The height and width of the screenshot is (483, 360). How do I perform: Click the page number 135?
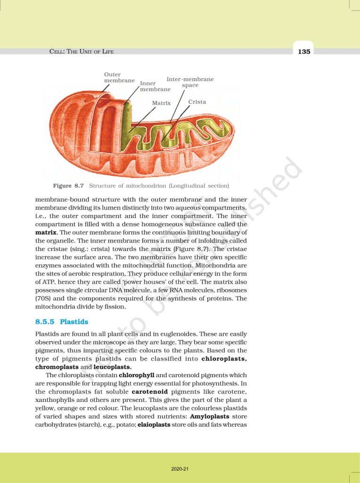[x=304, y=52]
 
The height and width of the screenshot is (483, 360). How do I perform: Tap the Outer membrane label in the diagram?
[x=119, y=77]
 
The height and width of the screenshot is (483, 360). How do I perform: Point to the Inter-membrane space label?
[x=190, y=82]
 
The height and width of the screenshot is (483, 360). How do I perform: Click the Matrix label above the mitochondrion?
[x=161, y=102]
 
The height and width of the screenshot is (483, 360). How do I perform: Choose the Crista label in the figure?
[x=197, y=101]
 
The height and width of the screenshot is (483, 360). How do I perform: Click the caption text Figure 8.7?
[x=68, y=185]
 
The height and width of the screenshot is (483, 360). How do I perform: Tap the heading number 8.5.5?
[x=45, y=322]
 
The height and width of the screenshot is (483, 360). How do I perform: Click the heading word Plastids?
[x=74, y=322]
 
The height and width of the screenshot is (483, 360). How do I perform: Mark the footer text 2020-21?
[x=180, y=469]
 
